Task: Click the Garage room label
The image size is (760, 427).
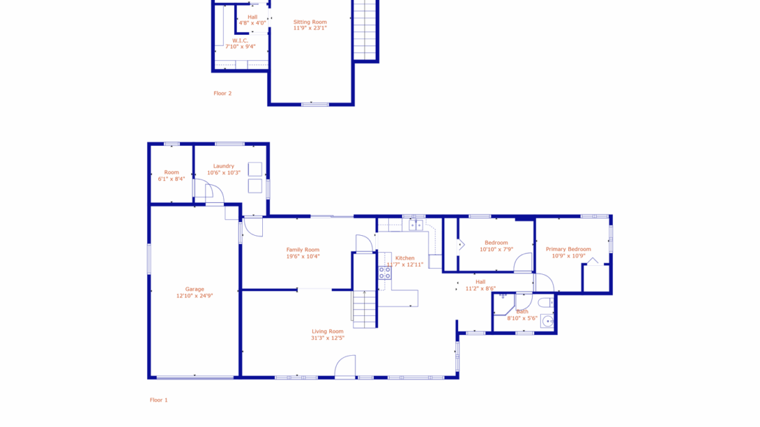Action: pyautogui.click(x=194, y=289)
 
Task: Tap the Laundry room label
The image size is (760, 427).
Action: pyautogui.click(x=223, y=166)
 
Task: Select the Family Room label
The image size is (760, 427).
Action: pyautogui.click(x=303, y=249)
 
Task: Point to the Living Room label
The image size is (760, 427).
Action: pyautogui.click(x=327, y=331)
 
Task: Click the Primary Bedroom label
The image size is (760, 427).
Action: pyautogui.click(x=568, y=249)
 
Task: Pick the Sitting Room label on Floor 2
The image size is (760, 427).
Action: pyautogui.click(x=309, y=22)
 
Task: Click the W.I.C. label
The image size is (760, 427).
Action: pyautogui.click(x=240, y=40)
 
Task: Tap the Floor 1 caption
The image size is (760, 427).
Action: pyautogui.click(x=159, y=400)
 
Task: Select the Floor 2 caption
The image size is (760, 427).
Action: pyautogui.click(x=223, y=93)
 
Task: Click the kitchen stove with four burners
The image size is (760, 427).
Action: pyautogui.click(x=385, y=273)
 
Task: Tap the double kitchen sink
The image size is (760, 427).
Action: pyautogui.click(x=416, y=225)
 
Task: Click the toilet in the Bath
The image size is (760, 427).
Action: pyautogui.click(x=546, y=302)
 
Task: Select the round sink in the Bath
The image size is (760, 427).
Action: pyautogui.click(x=547, y=320)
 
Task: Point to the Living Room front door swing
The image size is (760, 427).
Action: pyautogui.click(x=345, y=366)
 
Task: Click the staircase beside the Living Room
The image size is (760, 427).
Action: pyautogui.click(x=364, y=308)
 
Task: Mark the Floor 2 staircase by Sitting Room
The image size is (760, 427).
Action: pyautogui.click(x=366, y=30)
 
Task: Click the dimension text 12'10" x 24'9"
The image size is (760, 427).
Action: pyautogui.click(x=194, y=296)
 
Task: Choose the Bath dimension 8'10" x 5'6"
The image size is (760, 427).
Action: pyautogui.click(x=522, y=318)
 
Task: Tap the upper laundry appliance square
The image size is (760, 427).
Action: pyautogui.click(x=255, y=169)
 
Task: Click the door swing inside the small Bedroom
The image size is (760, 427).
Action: pyautogui.click(x=524, y=262)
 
